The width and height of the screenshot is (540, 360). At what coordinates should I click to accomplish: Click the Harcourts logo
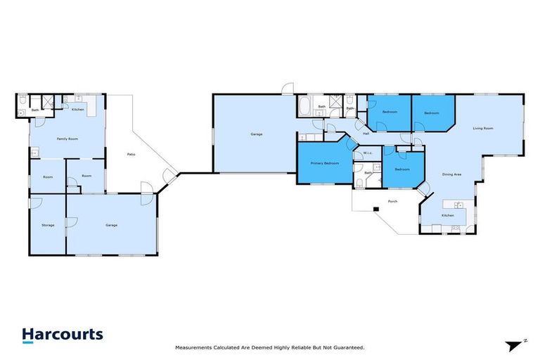(62, 335)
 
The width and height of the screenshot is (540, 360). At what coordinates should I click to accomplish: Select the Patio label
(131, 154)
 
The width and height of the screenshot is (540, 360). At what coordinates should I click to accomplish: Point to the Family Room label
(67, 139)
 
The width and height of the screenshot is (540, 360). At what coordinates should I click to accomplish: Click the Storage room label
(47, 225)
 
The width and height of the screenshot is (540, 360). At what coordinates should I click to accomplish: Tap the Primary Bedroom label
(325, 163)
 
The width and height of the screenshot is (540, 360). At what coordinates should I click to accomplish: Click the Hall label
(366, 133)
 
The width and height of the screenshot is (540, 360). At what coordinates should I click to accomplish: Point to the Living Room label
(482, 128)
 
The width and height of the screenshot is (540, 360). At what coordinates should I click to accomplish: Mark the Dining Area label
(451, 174)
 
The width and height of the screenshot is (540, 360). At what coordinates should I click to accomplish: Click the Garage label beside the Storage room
(111, 225)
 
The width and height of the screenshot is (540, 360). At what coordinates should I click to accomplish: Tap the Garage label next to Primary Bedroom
(256, 134)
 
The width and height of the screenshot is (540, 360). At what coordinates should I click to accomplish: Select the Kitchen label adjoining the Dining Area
(447, 215)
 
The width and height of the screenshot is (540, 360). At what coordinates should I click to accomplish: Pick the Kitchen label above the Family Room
(78, 110)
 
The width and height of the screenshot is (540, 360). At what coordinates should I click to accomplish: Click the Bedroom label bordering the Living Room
(431, 113)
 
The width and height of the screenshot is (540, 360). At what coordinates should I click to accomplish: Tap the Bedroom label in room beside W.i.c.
(401, 169)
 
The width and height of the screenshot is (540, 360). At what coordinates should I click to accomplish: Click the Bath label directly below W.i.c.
(368, 172)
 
